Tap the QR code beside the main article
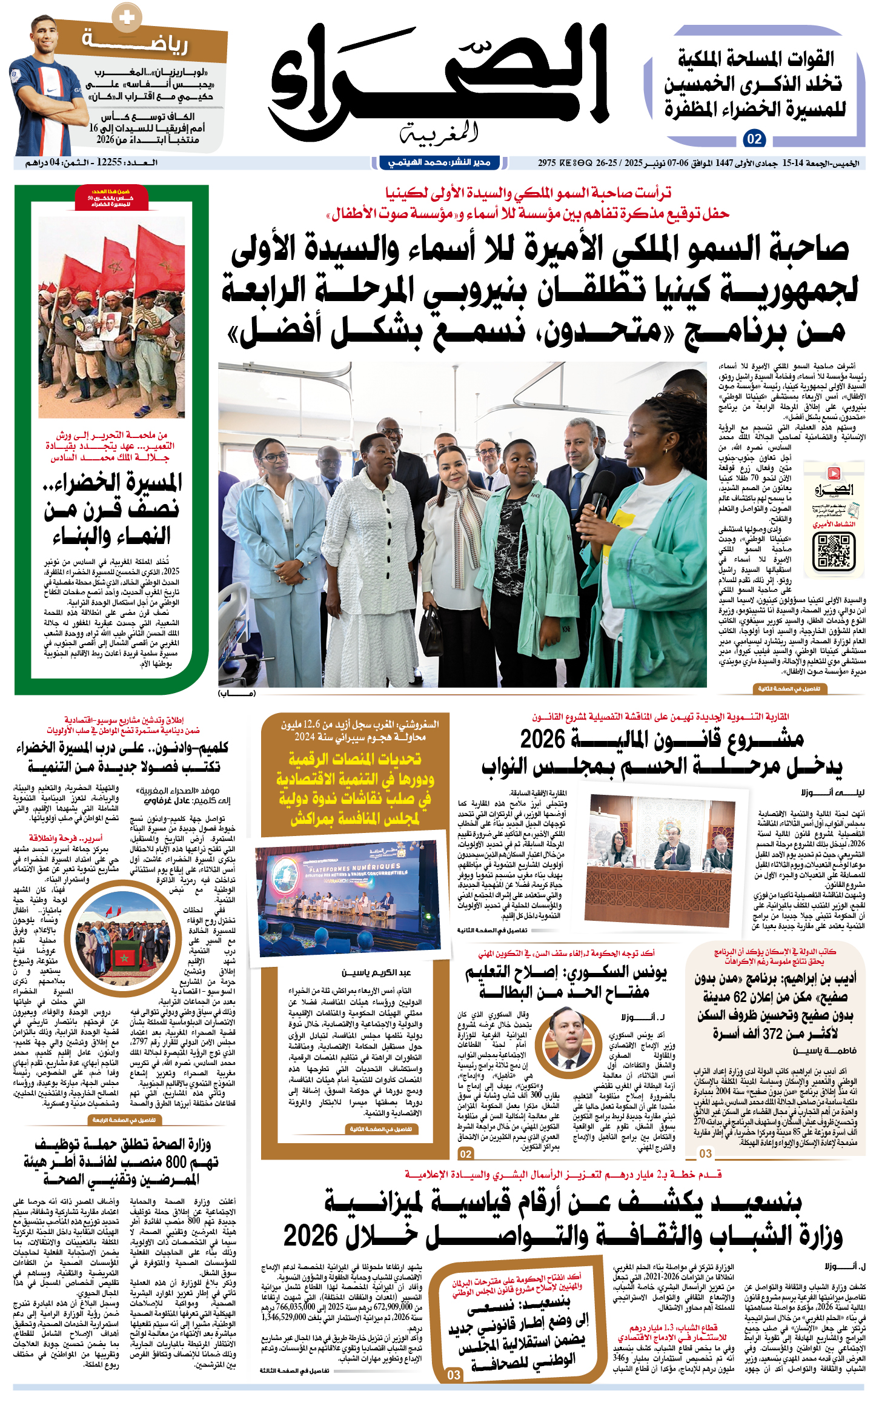pyautogui.click(x=834, y=551)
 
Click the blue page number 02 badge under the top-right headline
pyautogui.click(x=754, y=139)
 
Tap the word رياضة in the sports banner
pyautogui.click(x=136, y=42)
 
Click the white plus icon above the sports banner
pyautogui.click(x=127, y=18)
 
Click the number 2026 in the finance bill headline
pyautogui.click(x=542, y=739)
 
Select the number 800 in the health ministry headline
pyautogui.click(x=176, y=1162)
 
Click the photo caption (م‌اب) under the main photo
pyautogui.click(x=237, y=693)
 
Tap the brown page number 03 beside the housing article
pyautogui.click(x=705, y=1153)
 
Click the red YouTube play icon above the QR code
pyautogui.click(x=834, y=473)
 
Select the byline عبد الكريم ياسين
pyautogui.click(x=376, y=972)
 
